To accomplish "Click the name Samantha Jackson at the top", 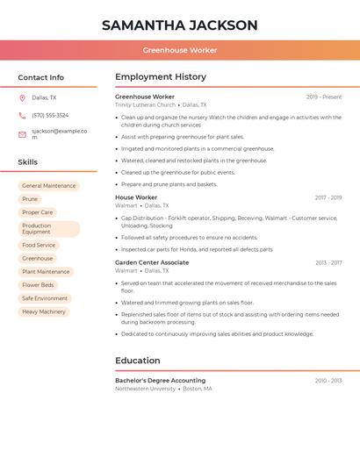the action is click(x=179, y=25).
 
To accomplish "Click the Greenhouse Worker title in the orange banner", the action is click(x=179, y=50).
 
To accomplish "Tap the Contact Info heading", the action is click(x=40, y=77).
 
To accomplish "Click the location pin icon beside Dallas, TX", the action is click(x=22, y=98).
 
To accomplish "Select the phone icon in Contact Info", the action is click(x=22, y=116).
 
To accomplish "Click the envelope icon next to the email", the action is click(x=22, y=134).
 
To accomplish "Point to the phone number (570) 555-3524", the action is click(x=50, y=116).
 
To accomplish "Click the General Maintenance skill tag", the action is click(x=49, y=186).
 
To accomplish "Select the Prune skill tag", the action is click(x=30, y=199).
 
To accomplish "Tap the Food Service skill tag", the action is click(x=39, y=246).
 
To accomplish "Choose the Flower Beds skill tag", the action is click(x=38, y=285).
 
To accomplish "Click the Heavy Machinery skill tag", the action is click(x=44, y=311).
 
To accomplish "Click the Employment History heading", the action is click(x=161, y=77).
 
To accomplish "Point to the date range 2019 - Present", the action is click(x=324, y=97).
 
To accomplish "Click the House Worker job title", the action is click(x=136, y=197).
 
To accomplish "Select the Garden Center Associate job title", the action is click(x=152, y=262).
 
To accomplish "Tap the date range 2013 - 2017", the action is click(x=328, y=262).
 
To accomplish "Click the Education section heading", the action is click(x=138, y=361).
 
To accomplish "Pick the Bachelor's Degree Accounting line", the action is click(x=160, y=381).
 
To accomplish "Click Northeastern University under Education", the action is click(x=145, y=389).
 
